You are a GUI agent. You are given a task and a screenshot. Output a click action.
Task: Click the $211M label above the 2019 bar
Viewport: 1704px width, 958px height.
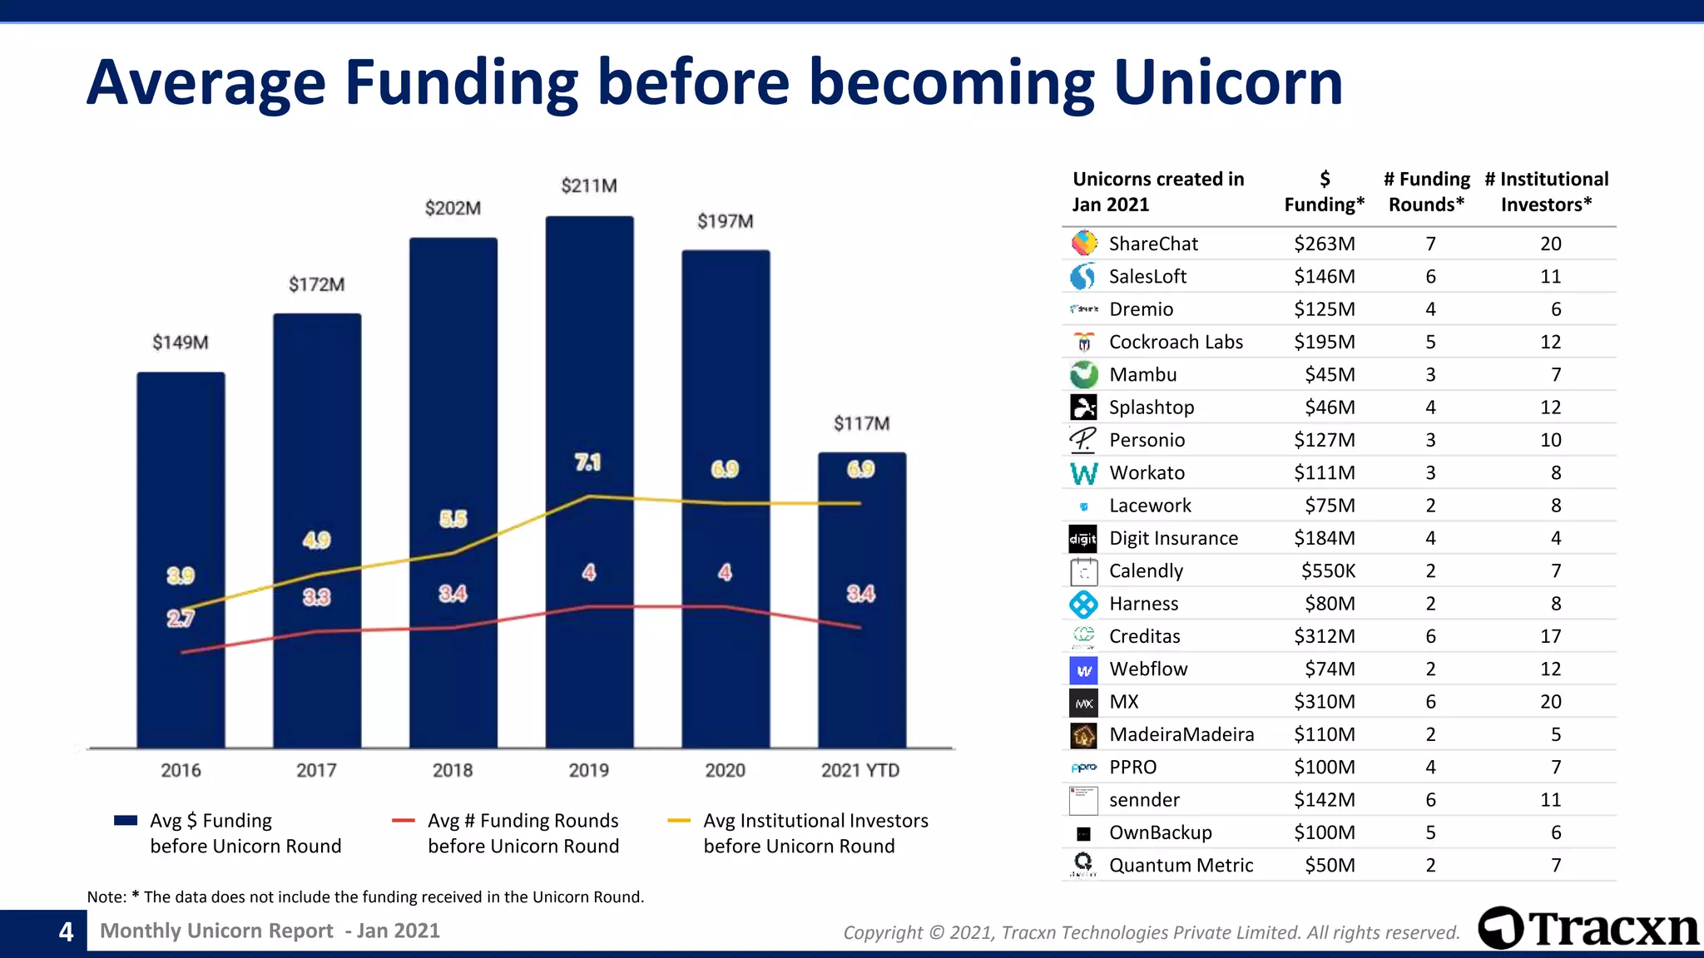coord(589,185)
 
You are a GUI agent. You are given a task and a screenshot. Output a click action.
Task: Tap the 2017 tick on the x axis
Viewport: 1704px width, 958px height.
coord(316,770)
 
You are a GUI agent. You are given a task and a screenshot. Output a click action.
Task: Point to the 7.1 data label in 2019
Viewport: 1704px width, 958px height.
coord(587,462)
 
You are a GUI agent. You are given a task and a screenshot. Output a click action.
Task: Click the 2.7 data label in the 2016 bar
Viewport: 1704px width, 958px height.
coord(181,618)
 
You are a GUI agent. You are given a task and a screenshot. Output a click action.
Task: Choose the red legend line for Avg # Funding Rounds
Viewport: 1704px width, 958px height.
coord(404,821)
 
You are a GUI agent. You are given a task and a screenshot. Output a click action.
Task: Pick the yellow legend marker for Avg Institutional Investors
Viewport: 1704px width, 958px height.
coord(679,821)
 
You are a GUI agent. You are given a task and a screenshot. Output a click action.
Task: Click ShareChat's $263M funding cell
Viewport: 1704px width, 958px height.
coord(1324,244)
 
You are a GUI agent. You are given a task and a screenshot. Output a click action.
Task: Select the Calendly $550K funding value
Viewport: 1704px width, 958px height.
coord(1328,570)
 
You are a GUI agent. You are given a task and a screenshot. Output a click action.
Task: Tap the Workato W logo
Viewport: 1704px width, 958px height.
coord(1083,473)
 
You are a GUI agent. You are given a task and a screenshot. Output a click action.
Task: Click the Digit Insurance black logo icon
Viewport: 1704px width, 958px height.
coord(1083,539)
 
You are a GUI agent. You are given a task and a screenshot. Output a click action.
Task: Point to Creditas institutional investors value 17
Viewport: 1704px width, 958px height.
coord(1550,636)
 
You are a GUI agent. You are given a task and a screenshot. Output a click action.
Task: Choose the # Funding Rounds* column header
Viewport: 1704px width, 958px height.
coord(1426,191)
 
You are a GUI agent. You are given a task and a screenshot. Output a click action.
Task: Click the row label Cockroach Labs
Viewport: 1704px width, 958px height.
coord(1175,342)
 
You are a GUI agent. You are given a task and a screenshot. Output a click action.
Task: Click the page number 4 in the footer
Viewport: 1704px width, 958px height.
coord(66,931)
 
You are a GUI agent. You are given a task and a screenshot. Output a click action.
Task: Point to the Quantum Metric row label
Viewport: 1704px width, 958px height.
coord(1180,865)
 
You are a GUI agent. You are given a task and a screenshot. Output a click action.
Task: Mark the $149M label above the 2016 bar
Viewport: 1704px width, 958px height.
coord(181,343)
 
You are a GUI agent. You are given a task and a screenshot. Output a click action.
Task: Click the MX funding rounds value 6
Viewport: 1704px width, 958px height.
coord(1430,702)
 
